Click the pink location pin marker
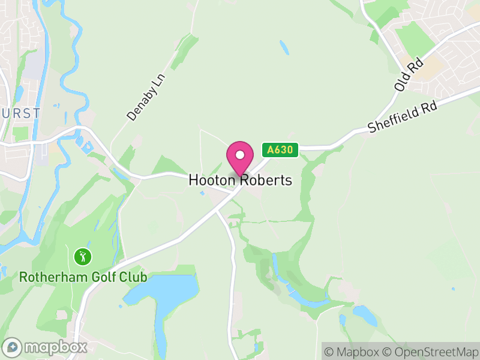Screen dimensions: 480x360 pos(240,158)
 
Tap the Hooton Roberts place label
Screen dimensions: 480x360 pos(240,180)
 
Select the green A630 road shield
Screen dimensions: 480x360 pos(280,150)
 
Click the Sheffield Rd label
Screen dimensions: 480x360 pos(404,116)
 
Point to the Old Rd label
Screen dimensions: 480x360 pos(409,74)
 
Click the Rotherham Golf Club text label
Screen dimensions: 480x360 pos(83,277)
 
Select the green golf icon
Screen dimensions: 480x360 pos(83,257)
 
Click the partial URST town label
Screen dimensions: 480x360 pos(20,113)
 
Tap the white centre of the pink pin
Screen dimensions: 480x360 pos(240,155)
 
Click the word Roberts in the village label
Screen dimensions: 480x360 pos(267,180)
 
